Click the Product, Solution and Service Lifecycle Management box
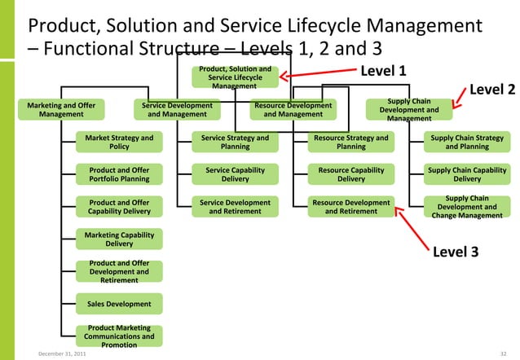(234, 77)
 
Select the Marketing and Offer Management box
(61, 110)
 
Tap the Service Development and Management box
(177, 110)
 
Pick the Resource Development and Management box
(293, 110)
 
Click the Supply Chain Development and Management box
(409, 110)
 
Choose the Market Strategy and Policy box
(119, 143)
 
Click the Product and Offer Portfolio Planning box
(119, 174)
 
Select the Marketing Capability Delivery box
(119, 238)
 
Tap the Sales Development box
(119, 304)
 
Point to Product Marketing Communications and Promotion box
(119, 336)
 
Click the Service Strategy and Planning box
(235, 143)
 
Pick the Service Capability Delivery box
(235, 174)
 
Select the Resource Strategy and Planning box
(351, 143)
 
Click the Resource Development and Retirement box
(351, 206)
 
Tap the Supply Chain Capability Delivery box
(467, 174)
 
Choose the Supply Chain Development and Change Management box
(467, 206)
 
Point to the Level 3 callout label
(455, 252)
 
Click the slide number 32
(503, 354)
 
